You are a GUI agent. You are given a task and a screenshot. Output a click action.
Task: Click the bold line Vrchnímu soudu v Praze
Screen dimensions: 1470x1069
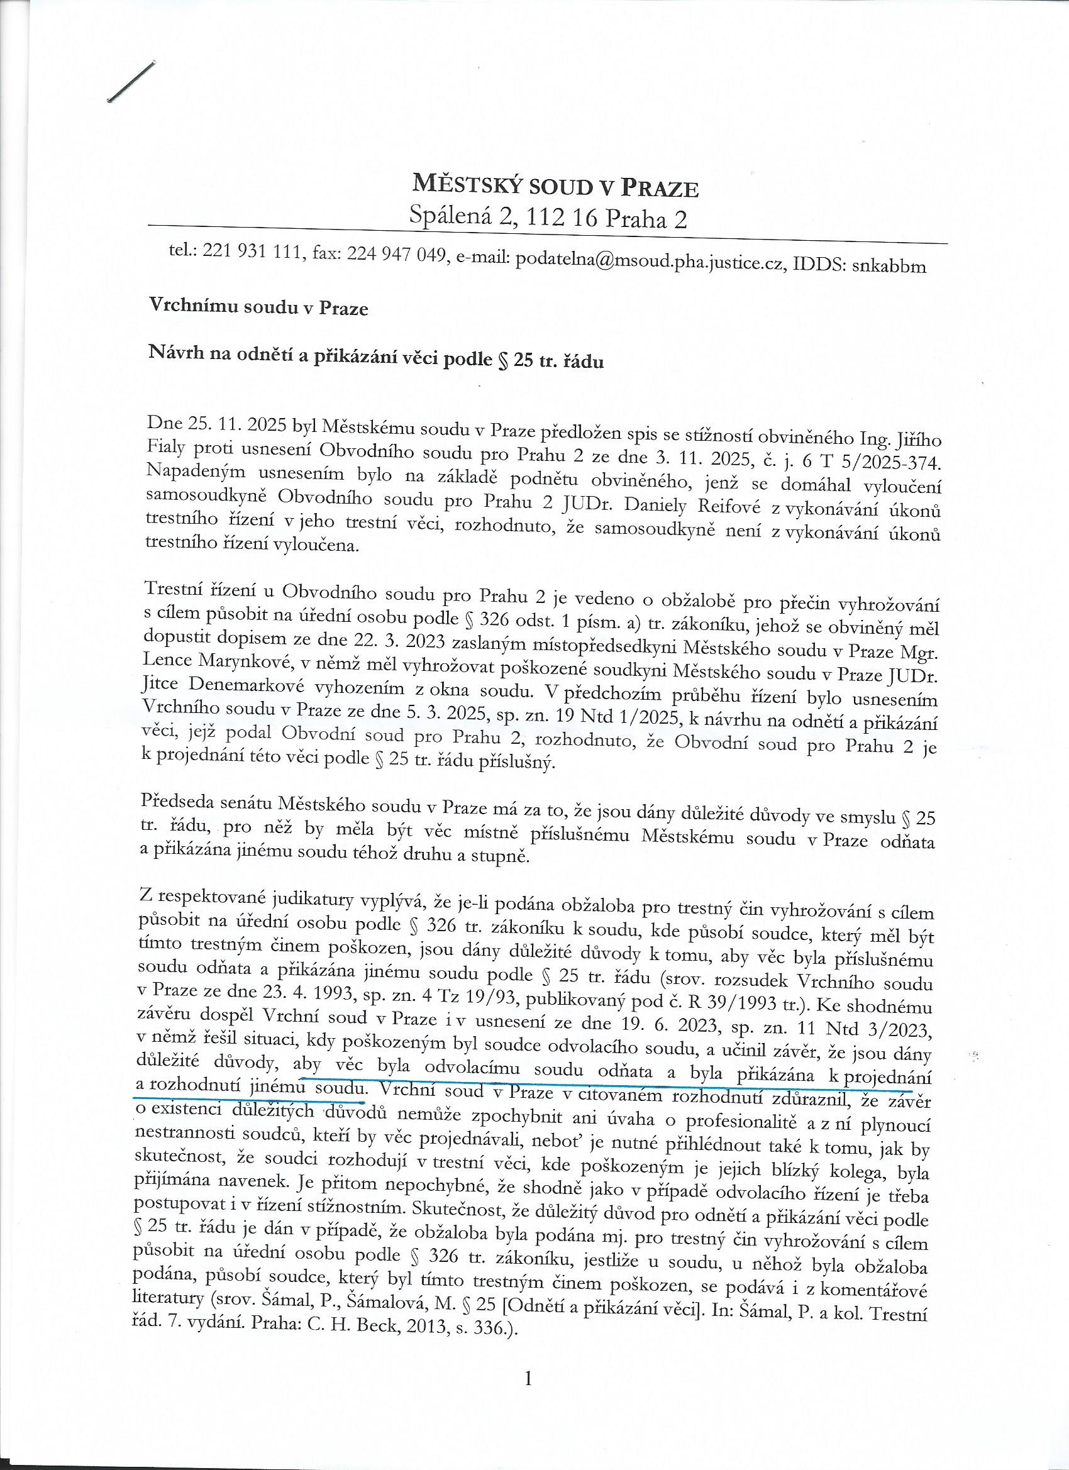258,308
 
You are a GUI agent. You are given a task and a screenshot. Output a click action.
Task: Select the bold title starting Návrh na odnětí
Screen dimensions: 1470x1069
377,358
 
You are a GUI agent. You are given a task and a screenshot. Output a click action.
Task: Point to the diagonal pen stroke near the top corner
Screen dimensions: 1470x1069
133,82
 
